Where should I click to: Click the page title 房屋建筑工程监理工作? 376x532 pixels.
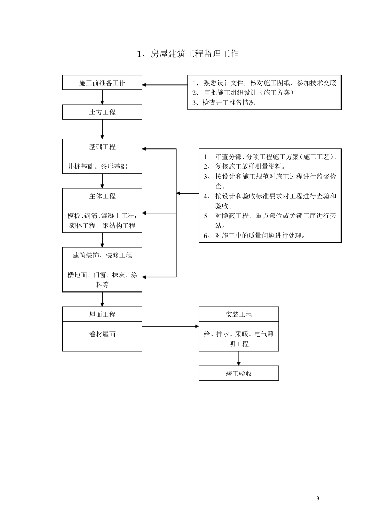(188, 54)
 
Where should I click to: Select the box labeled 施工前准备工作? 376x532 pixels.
(102, 83)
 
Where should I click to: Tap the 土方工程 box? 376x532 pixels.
(102, 112)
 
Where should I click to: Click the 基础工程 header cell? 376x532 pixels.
(102, 147)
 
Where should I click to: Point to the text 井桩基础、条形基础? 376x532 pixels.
(97, 167)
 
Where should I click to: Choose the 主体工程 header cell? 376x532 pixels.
(102, 196)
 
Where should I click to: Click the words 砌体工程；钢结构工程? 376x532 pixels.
(102, 226)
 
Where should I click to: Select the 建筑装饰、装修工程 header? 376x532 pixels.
(102, 255)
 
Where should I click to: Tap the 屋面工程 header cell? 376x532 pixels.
(102, 314)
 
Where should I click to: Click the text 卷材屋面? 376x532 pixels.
(102, 334)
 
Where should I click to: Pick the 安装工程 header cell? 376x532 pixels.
(239, 314)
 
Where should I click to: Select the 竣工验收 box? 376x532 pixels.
(239, 373)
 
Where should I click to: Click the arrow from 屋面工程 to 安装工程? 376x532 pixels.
(170, 327)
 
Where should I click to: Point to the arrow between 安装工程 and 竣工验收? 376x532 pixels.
(239, 358)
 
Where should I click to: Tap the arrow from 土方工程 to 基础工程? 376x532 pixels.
(102, 129)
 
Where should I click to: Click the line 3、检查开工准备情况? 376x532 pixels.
(224, 103)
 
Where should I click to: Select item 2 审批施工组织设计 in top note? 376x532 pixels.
(243, 93)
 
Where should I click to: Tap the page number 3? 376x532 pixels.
(318, 498)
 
